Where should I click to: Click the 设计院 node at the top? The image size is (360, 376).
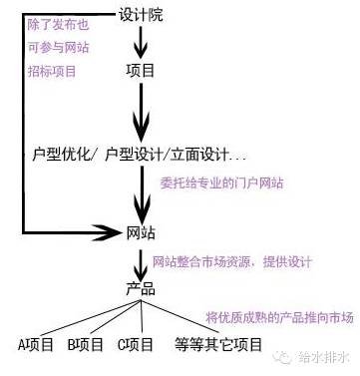[142, 17]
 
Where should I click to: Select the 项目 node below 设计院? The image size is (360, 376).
[142, 72]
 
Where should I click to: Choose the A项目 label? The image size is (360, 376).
[39, 345]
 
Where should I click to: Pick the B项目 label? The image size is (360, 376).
[87, 345]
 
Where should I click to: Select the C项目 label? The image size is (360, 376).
[136, 345]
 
